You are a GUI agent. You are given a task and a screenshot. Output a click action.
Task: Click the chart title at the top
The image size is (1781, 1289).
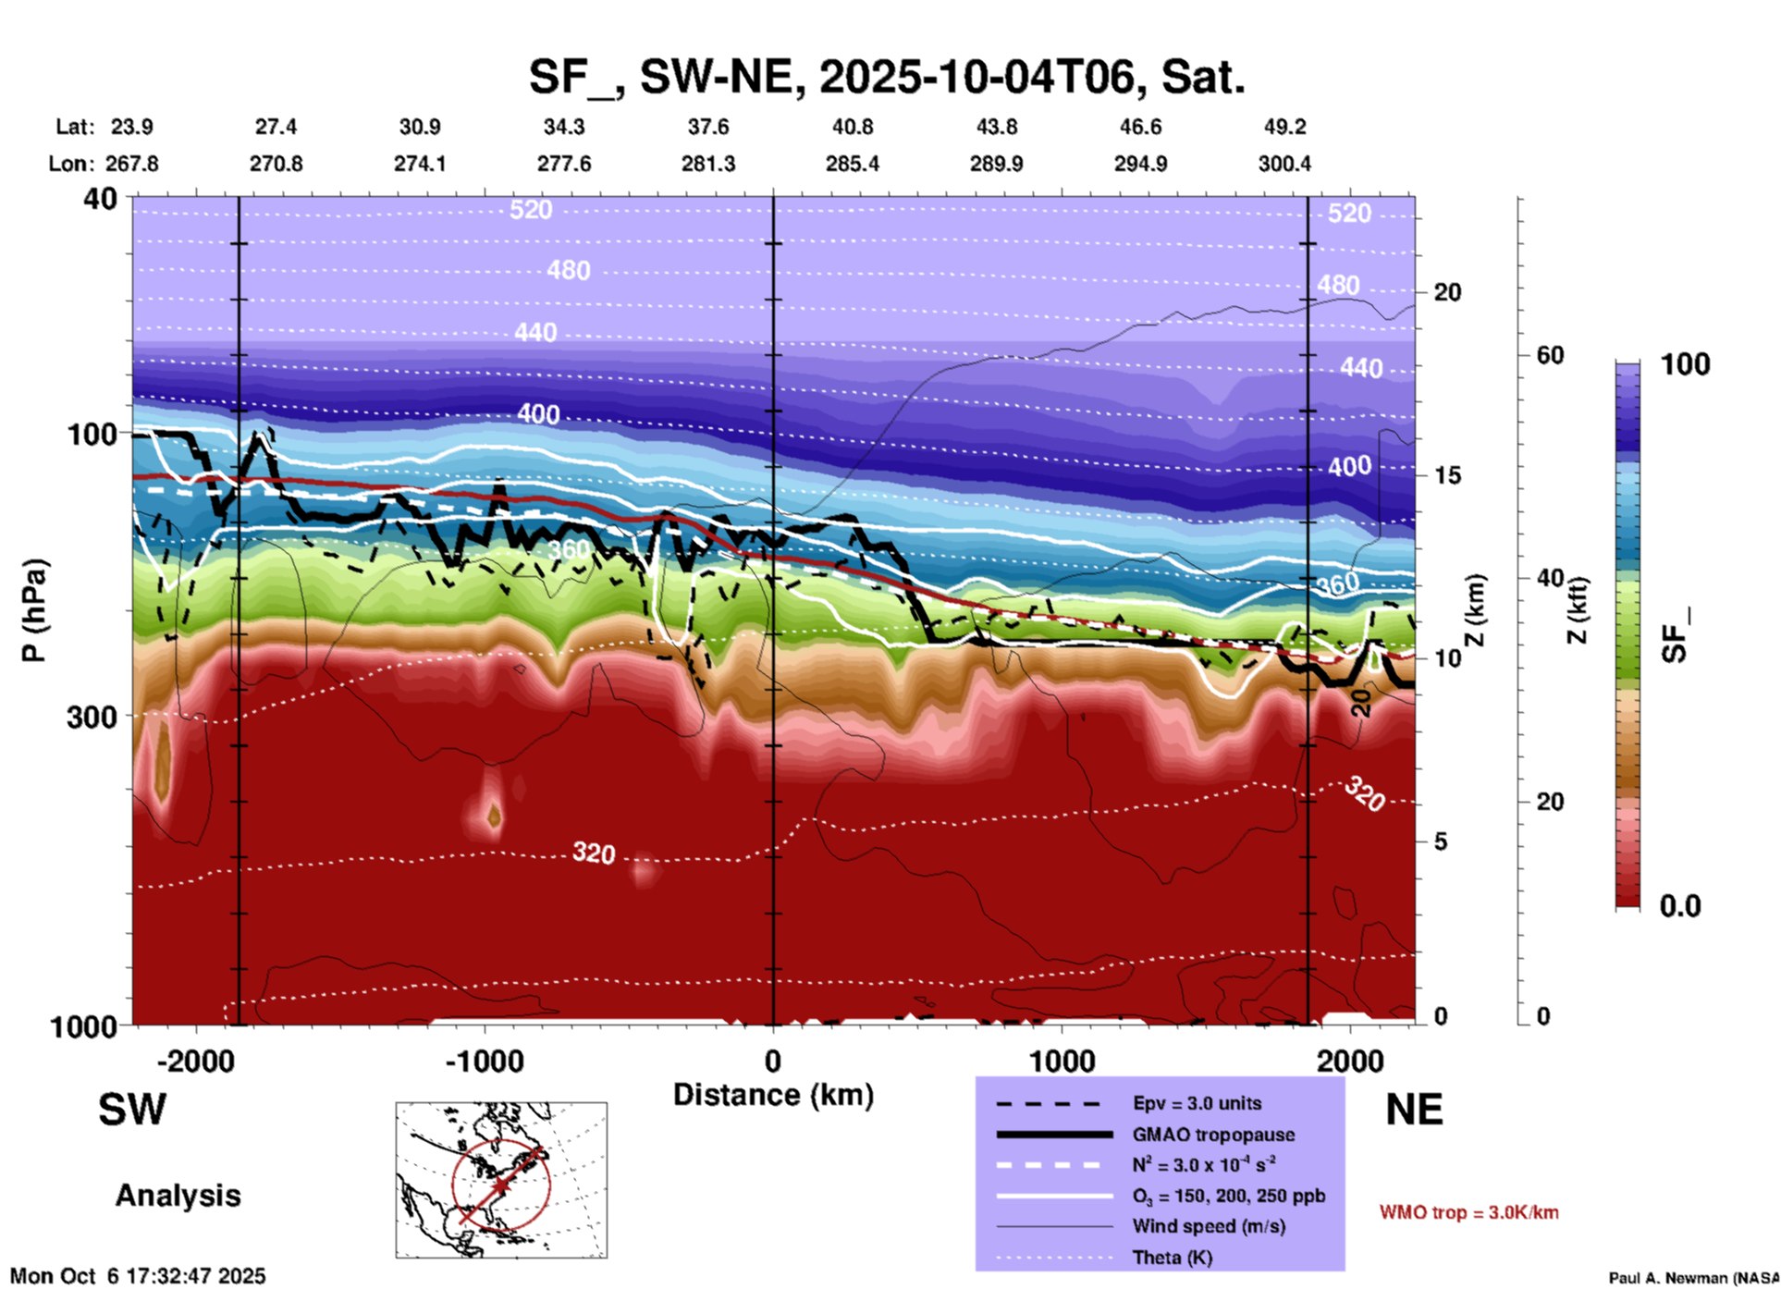[886, 77]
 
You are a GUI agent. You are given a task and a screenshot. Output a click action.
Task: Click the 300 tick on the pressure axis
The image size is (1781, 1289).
[92, 717]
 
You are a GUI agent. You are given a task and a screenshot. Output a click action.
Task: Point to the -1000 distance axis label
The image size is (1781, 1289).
[484, 1062]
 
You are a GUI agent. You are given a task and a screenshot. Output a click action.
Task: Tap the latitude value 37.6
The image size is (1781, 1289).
[708, 127]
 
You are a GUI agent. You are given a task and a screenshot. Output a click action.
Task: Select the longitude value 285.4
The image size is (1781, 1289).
[852, 164]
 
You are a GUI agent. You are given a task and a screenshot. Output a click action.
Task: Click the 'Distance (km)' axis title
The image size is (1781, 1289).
[773, 1095]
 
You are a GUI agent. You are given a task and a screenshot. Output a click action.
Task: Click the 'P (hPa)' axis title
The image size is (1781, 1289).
[34, 609]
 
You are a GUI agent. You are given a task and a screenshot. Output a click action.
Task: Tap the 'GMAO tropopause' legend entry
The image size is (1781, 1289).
[1212, 1135]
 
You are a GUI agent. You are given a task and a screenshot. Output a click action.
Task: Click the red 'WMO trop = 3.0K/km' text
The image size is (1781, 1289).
[1468, 1212]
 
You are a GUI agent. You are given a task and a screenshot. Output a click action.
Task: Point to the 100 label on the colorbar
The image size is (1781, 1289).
[1685, 364]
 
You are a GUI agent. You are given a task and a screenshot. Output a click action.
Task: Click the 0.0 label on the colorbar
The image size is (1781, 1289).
[1680, 906]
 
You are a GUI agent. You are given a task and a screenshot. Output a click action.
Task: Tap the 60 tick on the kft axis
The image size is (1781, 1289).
[1550, 355]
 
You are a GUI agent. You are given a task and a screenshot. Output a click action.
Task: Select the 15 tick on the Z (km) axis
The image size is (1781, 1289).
[1447, 475]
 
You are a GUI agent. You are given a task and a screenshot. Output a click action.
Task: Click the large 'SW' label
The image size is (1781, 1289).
[132, 1110]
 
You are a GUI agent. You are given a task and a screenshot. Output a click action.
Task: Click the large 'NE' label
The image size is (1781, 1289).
[1414, 1110]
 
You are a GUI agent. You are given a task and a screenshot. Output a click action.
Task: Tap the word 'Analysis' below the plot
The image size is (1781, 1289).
[178, 1196]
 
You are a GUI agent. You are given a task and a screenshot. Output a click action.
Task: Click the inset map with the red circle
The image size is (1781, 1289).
[501, 1180]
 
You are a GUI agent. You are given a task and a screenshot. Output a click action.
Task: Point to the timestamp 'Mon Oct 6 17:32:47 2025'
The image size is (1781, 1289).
[138, 1276]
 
